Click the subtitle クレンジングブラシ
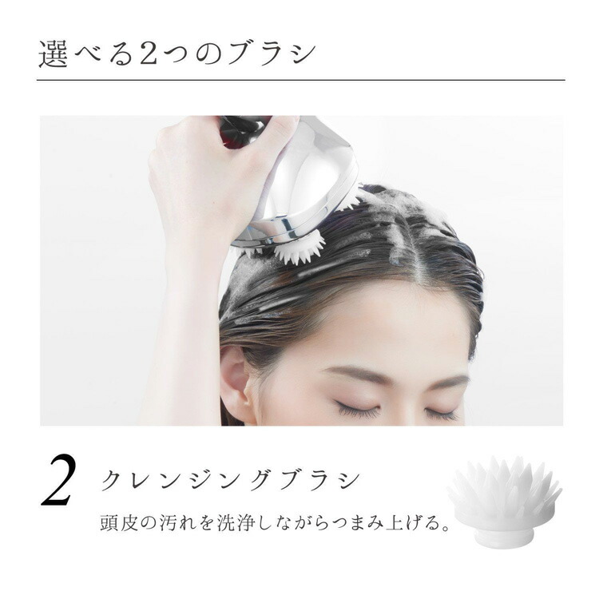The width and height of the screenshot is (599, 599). (231, 481)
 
